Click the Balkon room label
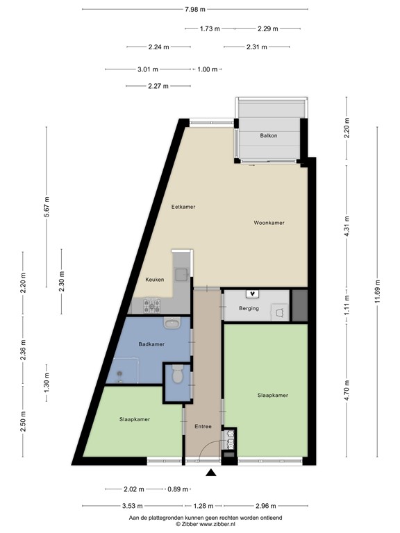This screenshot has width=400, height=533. [x=269, y=135]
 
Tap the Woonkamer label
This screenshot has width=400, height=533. [x=269, y=223]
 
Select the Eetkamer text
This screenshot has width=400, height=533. [x=183, y=207]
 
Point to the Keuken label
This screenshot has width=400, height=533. [x=155, y=280]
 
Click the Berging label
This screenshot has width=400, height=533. [x=249, y=308]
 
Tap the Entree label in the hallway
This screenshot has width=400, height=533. [x=202, y=426]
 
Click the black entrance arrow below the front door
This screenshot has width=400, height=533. [x=211, y=473]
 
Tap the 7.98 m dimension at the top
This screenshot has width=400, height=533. [x=195, y=9]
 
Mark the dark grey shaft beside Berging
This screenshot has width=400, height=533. [x=300, y=305]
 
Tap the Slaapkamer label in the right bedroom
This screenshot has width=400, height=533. [x=272, y=395]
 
